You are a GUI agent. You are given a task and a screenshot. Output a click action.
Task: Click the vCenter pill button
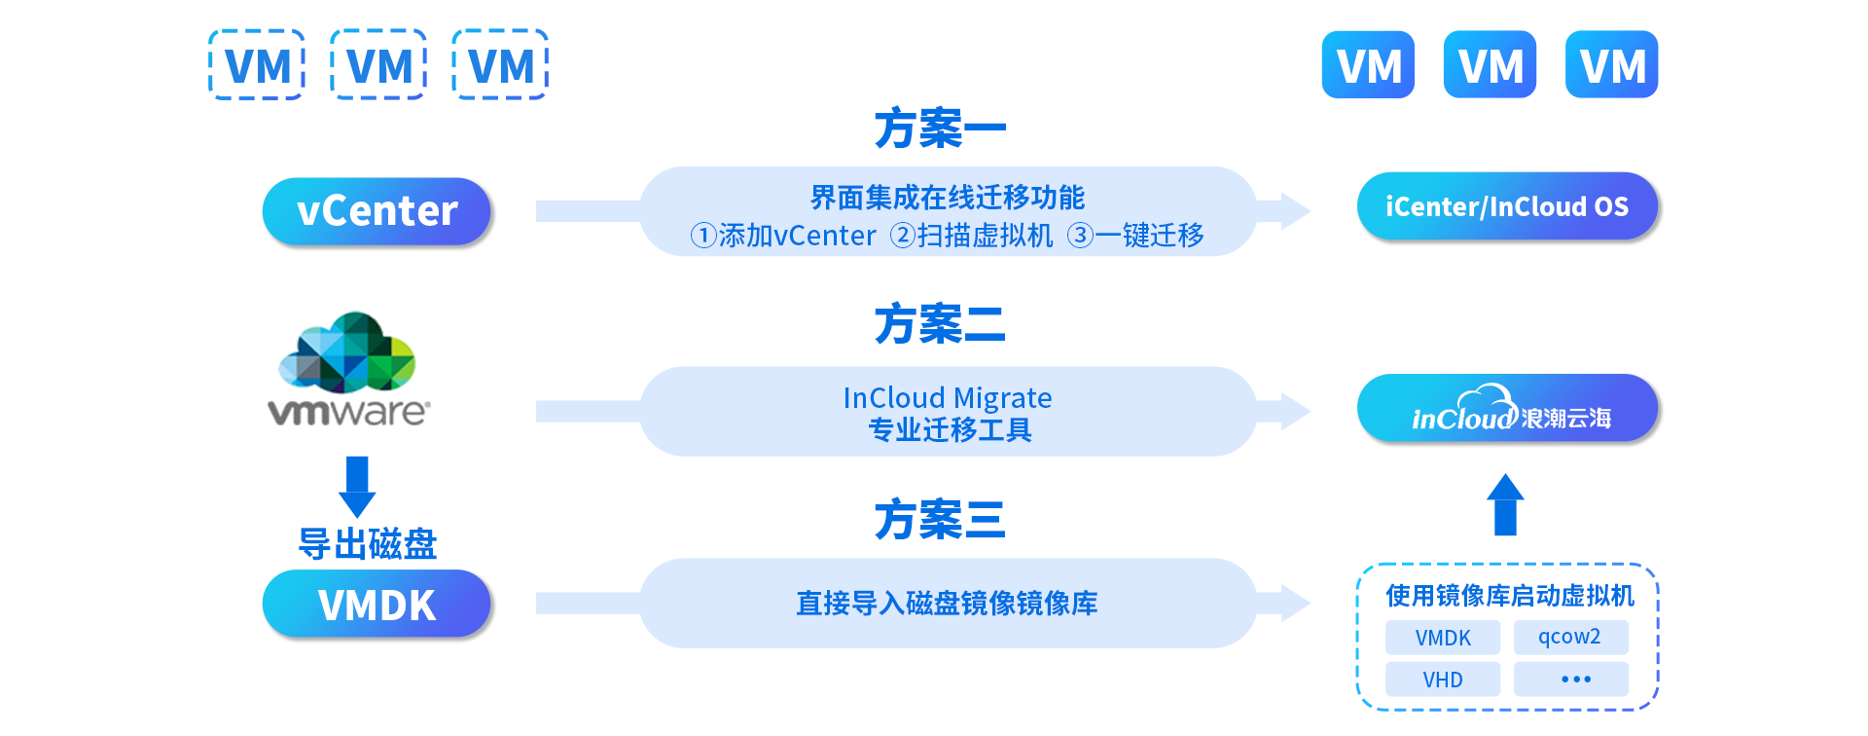point(377,211)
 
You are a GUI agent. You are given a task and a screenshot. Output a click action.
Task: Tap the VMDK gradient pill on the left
point(377,605)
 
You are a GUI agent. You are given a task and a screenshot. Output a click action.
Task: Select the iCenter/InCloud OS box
point(1506,206)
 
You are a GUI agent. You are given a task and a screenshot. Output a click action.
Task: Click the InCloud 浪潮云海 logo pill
point(1506,409)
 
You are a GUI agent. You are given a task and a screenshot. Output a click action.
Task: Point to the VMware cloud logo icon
point(347,351)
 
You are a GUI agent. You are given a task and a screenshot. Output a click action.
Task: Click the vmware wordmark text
point(347,412)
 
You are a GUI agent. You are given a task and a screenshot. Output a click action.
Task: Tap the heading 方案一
point(939,129)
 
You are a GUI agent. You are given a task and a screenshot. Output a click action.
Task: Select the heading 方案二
point(939,324)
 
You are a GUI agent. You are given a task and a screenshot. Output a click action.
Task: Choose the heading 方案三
point(939,519)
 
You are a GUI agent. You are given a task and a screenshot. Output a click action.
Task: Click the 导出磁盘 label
point(367,544)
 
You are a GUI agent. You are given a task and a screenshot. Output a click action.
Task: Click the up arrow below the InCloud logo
point(1505,504)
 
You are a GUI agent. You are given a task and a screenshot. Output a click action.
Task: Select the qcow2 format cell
point(1569,637)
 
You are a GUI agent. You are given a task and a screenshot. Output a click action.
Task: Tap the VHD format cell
point(1442,680)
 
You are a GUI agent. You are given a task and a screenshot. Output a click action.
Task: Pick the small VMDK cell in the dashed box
point(1442,638)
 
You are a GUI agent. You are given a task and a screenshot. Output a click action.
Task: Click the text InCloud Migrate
point(947,398)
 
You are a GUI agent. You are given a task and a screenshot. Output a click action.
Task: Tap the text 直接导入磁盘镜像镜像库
point(947,604)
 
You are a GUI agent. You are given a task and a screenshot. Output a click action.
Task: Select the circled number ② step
point(903,236)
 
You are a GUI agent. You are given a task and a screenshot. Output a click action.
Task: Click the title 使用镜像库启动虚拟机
point(1509,595)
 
